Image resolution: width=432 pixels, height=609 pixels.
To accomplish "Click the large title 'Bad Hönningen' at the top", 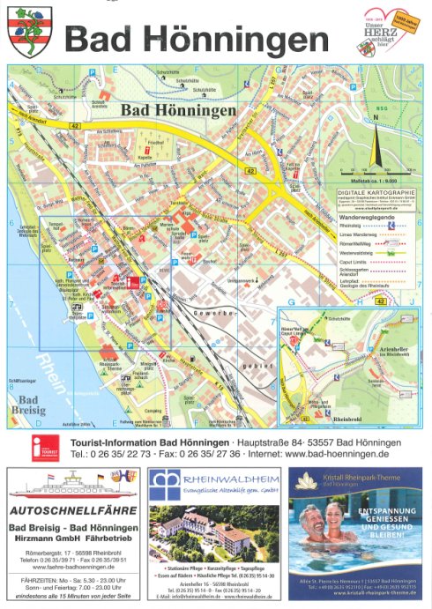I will [x=197, y=40].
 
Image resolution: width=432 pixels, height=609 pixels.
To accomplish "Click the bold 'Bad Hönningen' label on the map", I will [x=178, y=111].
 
